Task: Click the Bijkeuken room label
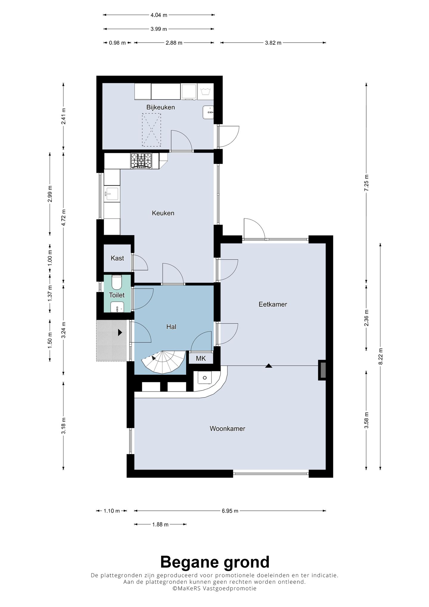click(161, 107)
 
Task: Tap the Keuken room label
click(163, 213)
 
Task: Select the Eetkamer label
click(273, 304)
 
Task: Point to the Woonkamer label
click(227, 429)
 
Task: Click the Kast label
click(117, 258)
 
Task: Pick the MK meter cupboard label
click(201, 358)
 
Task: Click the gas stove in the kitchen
click(141, 161)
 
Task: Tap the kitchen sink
click(111, 194)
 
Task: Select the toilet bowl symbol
click(116, 282)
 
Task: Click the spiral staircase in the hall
click(162, 362)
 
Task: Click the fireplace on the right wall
click(322, 370)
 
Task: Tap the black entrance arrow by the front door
click(120, 332)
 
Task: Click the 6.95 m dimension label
click(230, 511)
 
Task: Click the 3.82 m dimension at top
click(273, 43)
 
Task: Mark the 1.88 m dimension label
click(160, 524)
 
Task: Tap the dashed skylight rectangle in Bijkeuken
click(151, 130)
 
